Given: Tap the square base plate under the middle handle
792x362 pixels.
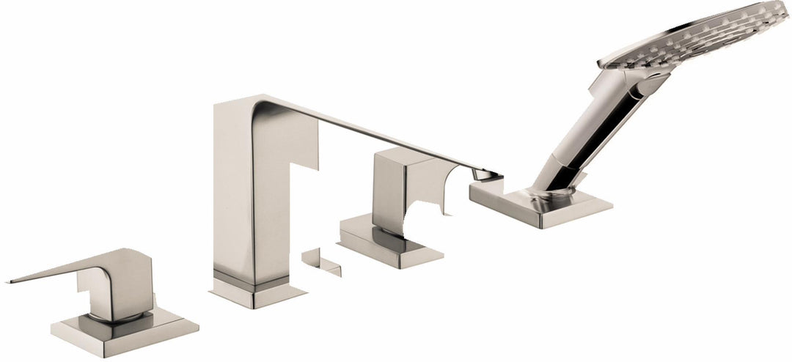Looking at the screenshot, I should coord(392,249).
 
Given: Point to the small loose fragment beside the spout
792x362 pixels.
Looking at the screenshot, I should coord(323,260).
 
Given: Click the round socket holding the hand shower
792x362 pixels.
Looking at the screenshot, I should coord(557,192).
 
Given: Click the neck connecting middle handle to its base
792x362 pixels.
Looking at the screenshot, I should coord(385,231).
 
